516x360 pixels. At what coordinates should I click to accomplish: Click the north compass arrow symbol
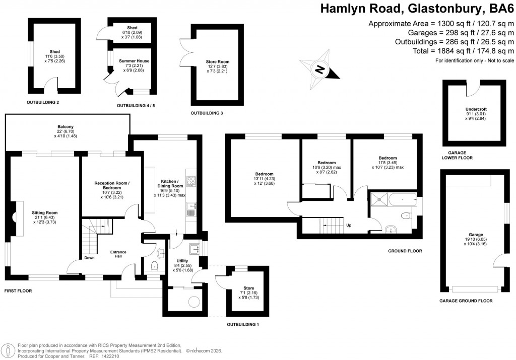point(320,69)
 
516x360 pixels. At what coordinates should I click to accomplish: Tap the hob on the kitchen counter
point(191,180)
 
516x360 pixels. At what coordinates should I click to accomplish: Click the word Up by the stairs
point(349,225)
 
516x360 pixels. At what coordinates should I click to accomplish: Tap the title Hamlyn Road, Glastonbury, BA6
point(417,9)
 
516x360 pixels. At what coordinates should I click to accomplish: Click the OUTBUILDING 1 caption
point(242,324)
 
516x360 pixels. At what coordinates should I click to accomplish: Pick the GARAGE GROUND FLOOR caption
point(466,301)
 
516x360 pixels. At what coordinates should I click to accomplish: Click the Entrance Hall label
point(118,254)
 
